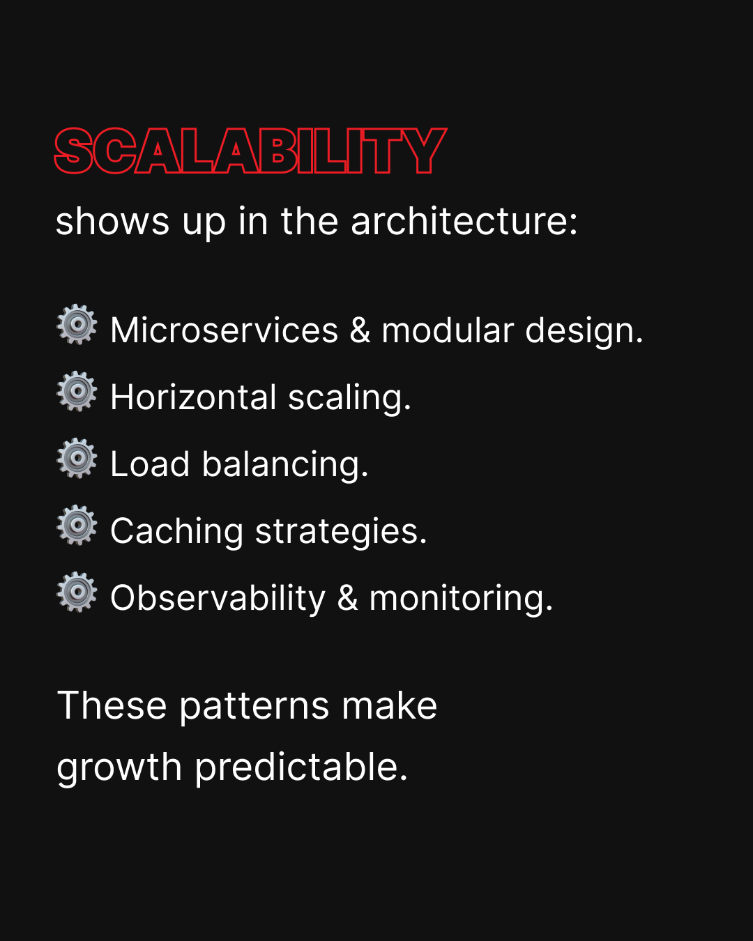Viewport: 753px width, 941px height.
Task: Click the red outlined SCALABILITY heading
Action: tap(250, 151)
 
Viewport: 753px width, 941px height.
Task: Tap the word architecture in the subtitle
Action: tap(464, 221)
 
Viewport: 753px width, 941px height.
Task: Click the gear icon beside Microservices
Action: tap(77, 324)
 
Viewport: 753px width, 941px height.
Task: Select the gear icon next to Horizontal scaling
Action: tap(77, 391)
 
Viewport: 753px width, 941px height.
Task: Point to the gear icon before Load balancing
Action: tap(77, 458)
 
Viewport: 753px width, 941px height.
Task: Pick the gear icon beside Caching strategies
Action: tap(77, 525)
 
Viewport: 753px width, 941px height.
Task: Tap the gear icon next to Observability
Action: tap(77, 592)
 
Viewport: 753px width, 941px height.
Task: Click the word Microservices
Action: tap(225, 330)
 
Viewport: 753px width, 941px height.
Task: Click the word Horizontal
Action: tap(193, 397)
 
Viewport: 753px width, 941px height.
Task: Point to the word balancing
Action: tap(285, 464)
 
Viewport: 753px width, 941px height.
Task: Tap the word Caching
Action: tap(177, 531)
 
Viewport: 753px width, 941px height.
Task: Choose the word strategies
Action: tap(341, 531)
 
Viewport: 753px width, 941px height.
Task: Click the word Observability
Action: tap(218, 598)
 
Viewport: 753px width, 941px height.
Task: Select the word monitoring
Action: tap(461, 598)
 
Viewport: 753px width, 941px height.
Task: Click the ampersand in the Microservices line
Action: tap(360, 330)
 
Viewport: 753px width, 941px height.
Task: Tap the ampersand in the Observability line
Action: tap(348, 599)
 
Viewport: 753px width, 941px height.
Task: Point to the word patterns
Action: tap(254, 706)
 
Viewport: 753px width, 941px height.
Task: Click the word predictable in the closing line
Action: tap(301, 768)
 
